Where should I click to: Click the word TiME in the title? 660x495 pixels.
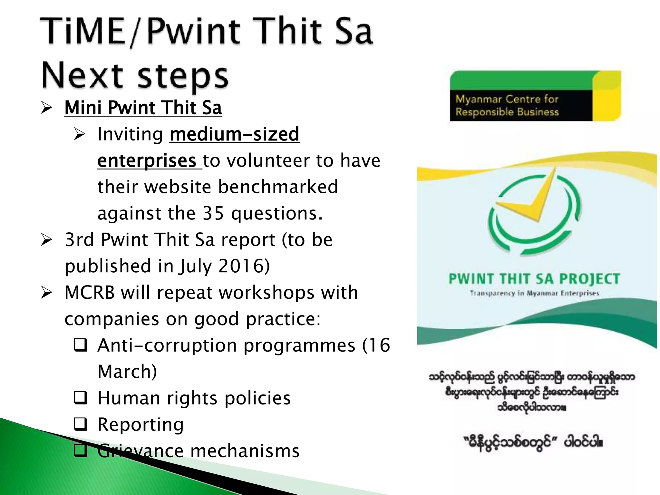[x=82, y=31]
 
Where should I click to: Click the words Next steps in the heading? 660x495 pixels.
[x=135, y=76]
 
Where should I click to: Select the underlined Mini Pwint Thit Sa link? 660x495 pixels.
[x=143, y=108]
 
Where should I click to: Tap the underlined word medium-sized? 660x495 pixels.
[x=234, y=134]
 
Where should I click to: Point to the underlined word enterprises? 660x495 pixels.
[x=147, y=160]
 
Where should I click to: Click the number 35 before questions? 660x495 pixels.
[x=213, y=213]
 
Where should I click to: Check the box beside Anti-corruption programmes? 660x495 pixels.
[x=80, y=345]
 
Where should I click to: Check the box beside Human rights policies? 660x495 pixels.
[x=80, y=398]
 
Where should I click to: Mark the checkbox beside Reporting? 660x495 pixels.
[x=80, y=424]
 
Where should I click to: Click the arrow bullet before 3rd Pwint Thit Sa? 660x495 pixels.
[x=47, y=240]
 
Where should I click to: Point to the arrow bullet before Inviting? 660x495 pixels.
[x=79, y=134]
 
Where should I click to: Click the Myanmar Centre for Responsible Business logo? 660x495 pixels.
[x=535, y=96]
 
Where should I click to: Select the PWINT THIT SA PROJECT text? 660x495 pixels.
[x=534, y=279]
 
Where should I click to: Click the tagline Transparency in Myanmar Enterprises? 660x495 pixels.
[x=534, y=293]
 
